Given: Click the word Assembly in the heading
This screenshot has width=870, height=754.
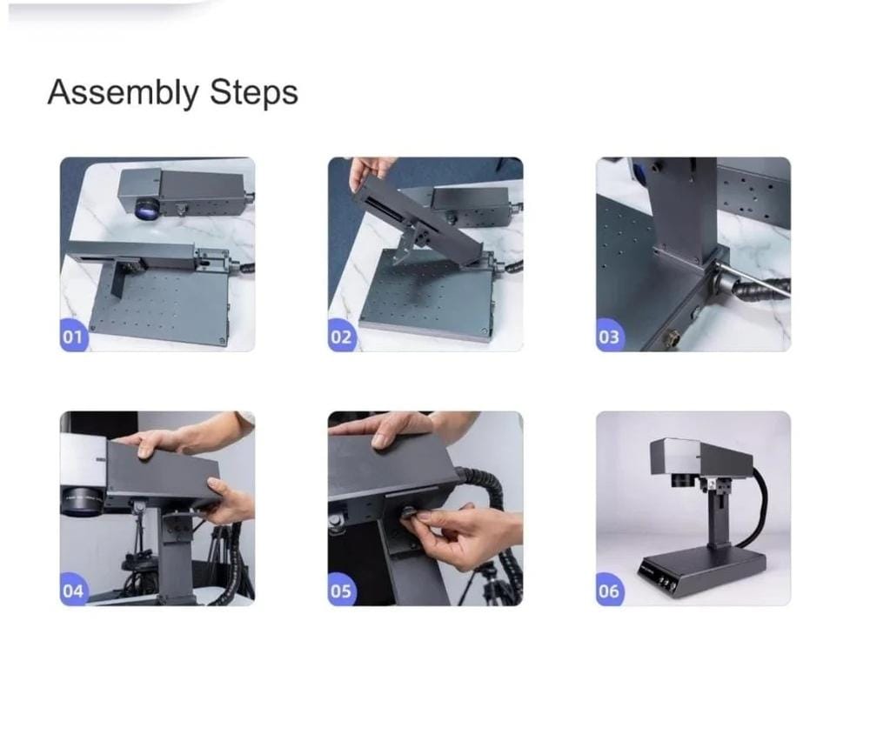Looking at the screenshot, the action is [x=123, y=93].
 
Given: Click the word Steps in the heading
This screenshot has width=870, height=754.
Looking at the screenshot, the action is [x=253, y=92].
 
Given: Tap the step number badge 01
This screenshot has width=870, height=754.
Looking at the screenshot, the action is [x=74, y=336].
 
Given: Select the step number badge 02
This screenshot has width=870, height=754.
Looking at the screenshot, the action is [x=342, y=336].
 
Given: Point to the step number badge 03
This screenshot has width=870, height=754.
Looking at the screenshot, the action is [x=610, y=336].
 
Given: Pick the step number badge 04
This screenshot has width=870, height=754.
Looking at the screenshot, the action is [x=74, y=590].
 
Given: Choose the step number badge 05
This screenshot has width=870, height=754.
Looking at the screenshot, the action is [x=342, y=590].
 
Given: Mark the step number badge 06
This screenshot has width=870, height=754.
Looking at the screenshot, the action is [x=610, y=590].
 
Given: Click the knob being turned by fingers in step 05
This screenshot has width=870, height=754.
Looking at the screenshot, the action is [x=409, y=511].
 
